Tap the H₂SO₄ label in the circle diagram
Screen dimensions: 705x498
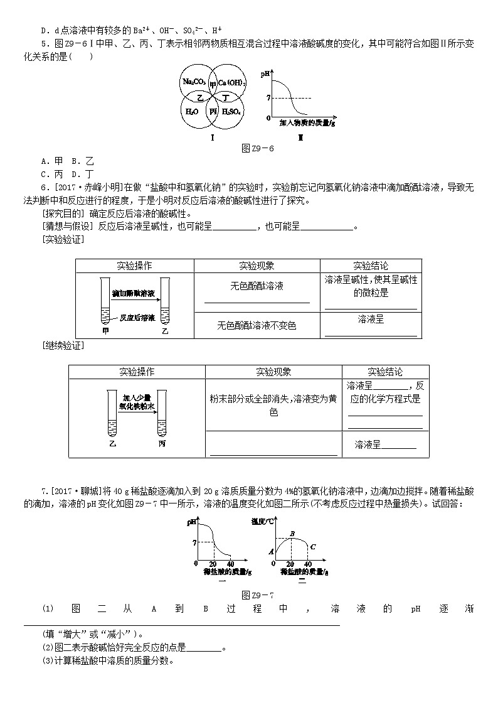(233, 112)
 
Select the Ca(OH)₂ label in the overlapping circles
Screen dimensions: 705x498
(232, 82)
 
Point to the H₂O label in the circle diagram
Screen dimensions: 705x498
(193, 112)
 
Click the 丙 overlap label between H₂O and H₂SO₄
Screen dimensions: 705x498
(213, 111)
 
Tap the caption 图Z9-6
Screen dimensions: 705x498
(258, 148)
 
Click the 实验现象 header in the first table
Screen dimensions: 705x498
(257, 266)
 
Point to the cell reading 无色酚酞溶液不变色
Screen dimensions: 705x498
(257, 325)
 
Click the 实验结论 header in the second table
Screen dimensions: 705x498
(385, 372)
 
